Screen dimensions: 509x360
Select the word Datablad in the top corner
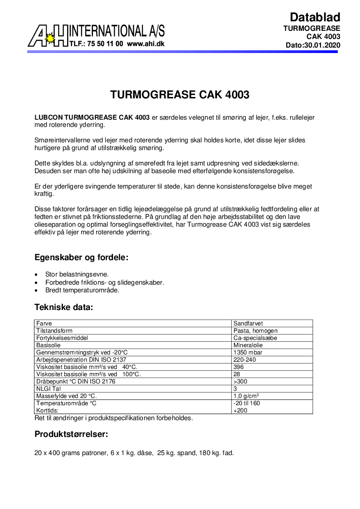click(315, 17)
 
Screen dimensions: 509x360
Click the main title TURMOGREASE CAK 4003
click(180, 95)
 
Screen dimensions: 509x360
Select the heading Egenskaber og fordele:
click(82, 257)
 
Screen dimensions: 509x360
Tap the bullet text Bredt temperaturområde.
click(82, 290)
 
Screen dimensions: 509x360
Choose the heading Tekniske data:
click(63, 307)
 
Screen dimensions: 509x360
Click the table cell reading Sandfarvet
click(248, 324)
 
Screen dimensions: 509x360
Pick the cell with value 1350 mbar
click(248, 353)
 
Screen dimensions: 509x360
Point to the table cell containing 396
click(238, 367)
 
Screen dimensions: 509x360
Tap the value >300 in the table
click(240, 382)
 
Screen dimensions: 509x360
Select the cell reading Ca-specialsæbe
click(255, 338)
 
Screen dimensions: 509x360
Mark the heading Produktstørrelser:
click(71, 434)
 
